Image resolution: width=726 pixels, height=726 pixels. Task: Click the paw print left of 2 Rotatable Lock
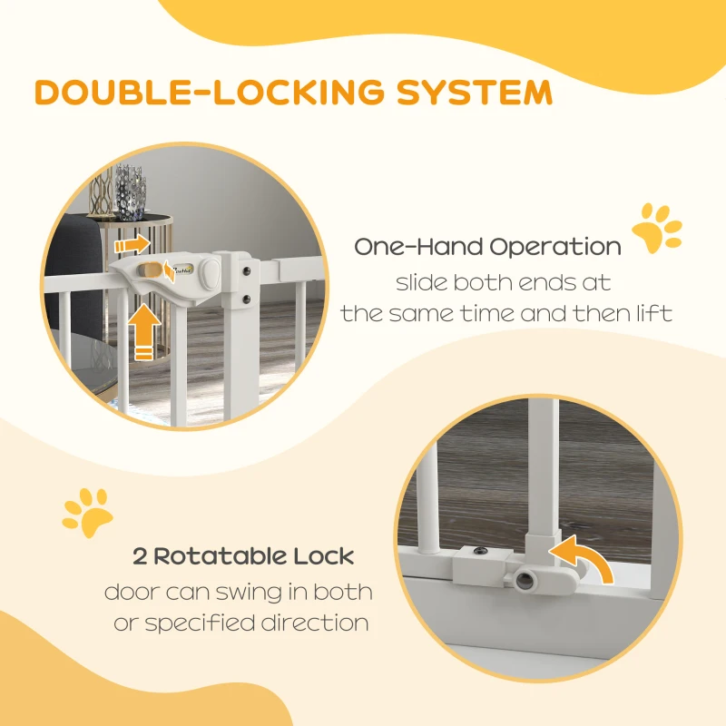[86, 513]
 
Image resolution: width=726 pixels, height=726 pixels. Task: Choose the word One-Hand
[418, 246]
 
